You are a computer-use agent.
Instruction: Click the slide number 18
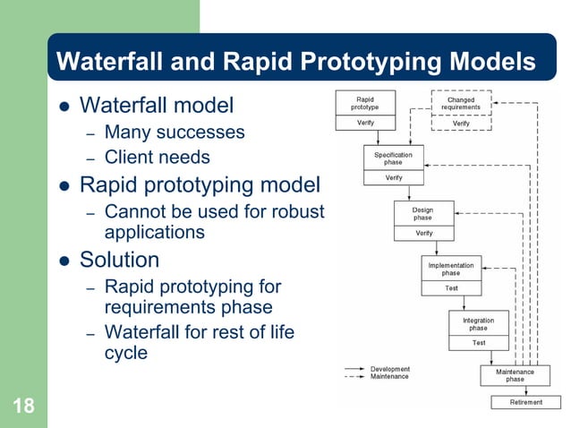[x=23, y=407]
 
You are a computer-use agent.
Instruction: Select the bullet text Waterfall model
[x=157, y=106]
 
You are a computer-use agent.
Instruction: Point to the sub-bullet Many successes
[x=175, y=133]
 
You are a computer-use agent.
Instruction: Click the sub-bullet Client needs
[x=158, y=158]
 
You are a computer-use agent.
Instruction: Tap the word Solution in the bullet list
[x=120, y=260]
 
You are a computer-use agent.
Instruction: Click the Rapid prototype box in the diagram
[x=365, y=103]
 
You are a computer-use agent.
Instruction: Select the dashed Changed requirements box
[x=461, y=103]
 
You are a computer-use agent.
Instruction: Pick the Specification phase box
[x=394, y=158]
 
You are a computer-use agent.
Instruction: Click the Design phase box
[x=423, y=214]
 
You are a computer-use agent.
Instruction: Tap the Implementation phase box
[x=451, y=269]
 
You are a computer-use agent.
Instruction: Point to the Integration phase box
[x=479, y=324]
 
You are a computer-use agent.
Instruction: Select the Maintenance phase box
[x=515, y=375]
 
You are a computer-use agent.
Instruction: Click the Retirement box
[x=525, y=402]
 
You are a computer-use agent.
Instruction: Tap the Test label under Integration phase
[x=479, y=342]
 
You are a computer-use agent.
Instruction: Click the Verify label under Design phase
[x=423, y=233]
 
